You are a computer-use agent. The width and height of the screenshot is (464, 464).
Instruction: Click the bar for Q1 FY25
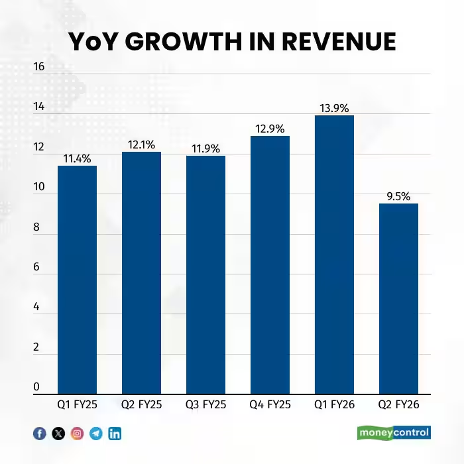pyautogui.click(x=77, y=280)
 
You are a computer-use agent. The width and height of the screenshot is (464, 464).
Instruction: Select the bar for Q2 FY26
pyautogui.click(x=398, y=298)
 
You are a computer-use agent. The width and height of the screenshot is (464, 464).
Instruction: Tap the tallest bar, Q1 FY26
pyautogui.click(x=334, y=255)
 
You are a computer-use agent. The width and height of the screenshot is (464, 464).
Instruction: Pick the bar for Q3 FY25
pyautogui.click(x=205, y=274)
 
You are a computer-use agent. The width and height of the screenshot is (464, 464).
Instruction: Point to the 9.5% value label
pyautogui.click(x=398, y=196)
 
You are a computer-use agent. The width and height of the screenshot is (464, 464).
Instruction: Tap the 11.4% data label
pyautogui.click(x=77, y=158)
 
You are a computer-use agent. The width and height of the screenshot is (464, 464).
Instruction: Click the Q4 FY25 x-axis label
pyautogui.click(x=270, y=404)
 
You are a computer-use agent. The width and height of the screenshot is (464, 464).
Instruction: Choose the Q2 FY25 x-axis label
pyautogui.click(x=141, y=404)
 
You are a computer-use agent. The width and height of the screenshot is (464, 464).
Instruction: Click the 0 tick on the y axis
pyautogui.click(x=38, y=387)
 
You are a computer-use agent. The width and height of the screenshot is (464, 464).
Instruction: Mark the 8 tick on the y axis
pyautogui.click(x=38, y=227)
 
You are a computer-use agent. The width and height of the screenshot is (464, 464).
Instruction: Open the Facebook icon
pyautogui.click(x=40, y=434)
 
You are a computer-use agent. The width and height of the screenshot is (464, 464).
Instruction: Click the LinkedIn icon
pyautogui.click(x=115, y=434)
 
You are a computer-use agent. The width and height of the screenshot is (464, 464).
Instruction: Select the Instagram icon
pyautogui.click(x=78, y=434)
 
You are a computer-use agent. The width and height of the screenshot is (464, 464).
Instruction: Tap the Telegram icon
pyautogui.click(x=96, y=434)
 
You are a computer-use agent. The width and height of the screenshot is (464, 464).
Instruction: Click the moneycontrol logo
pyautogui.click(x=394, y=433)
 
